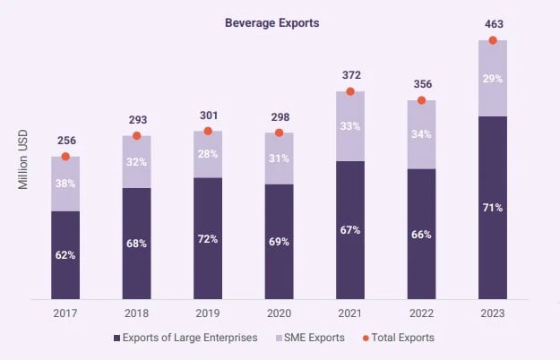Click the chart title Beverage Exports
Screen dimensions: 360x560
(x=272, y=23)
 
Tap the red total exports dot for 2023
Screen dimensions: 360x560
(x=493, y=40)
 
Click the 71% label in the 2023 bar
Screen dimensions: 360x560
(x=493, y=207)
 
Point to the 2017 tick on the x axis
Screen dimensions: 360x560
(x=65, y=313)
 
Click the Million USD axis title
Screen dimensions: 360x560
(x=23, y=159)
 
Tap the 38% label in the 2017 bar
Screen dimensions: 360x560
(x=65, y=182)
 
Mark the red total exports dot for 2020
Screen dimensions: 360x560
(x=279, y=133)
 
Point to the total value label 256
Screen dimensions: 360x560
(x=65, y=141)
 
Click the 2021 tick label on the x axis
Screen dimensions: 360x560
(x=350, y=313)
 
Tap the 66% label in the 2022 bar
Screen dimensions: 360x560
(x=421, y=234)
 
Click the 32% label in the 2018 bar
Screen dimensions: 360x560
(x=137, y=162)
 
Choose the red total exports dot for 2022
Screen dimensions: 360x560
(x=421, y=100)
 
